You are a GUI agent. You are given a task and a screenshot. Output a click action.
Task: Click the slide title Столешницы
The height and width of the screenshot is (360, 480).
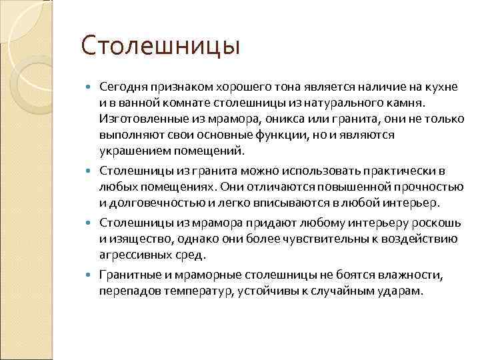[160, 47]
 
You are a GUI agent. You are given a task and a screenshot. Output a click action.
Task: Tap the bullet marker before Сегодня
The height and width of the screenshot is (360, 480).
[92, 88]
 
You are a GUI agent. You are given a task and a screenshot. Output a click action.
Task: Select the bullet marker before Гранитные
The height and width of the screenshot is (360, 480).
[92, 275]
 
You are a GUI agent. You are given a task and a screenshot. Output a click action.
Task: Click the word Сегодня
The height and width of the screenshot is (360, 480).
[121, 87]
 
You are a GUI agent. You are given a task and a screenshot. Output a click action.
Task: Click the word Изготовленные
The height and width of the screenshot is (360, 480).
[137, 119]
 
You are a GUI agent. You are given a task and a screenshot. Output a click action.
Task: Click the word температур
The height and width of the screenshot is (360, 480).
[190, 291]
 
